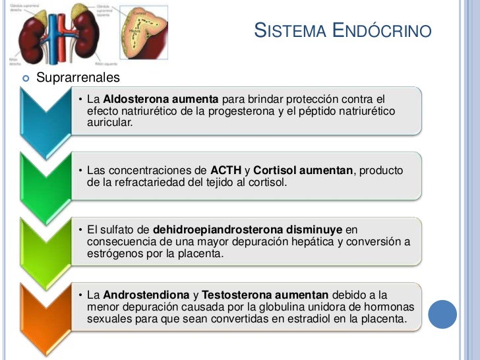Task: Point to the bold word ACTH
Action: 225,171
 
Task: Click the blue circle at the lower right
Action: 442,315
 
